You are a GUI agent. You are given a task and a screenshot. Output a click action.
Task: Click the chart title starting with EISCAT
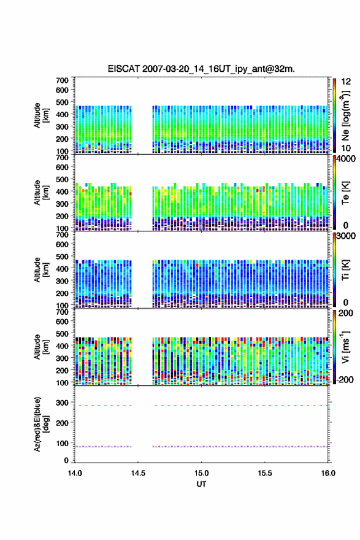(201, 69)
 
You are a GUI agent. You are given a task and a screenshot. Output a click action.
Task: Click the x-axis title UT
(201, 484)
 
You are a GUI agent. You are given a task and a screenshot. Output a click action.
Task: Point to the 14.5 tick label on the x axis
(138, 473)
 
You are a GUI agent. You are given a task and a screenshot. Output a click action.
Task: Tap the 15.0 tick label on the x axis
(201, 473)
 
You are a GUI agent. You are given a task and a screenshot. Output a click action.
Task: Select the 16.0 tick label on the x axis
(328, 473)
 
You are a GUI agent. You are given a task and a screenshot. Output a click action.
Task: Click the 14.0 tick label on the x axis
(75, 473)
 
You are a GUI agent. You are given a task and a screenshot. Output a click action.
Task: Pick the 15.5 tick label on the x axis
(265, 473)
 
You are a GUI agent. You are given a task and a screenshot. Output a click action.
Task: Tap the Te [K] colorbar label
(345, 193)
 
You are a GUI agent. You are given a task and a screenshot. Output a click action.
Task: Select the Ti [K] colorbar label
(345, 269)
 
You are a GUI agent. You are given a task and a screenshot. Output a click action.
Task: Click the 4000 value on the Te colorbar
(345, 160)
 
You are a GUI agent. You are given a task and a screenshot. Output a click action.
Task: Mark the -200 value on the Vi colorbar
(345, 379)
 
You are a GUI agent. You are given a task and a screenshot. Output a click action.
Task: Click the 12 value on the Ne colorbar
(346, 82)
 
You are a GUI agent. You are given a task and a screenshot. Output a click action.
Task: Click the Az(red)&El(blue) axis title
(42, 424)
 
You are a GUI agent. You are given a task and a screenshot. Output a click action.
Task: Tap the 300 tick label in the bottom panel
(63, 403)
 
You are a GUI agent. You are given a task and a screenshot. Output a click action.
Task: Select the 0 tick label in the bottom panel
(66, 460)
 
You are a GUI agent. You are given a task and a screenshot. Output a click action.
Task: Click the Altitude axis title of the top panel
(41, 115)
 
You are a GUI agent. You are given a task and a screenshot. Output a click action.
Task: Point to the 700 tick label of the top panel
(63, 80)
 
